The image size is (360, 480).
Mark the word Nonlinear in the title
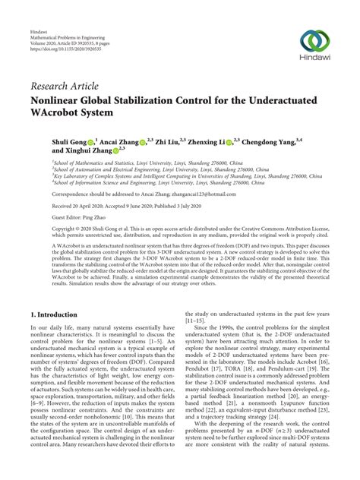tap(58, 100)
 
